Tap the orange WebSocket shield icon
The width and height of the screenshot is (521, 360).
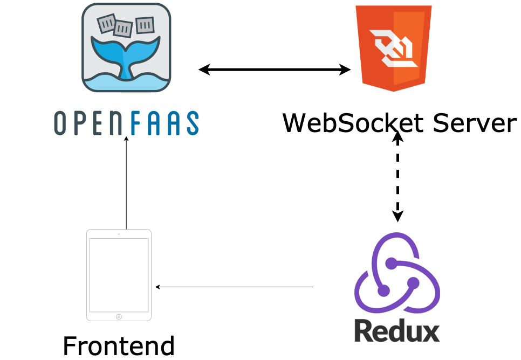click(393, 47)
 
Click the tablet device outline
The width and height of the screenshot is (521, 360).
click(119, 275)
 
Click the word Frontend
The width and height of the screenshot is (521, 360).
click(119, 345)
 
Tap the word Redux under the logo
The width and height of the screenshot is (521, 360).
click(397, 330)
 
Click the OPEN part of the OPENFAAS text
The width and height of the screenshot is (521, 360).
click(91, 123)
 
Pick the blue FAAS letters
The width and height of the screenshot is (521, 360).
click(164, 123)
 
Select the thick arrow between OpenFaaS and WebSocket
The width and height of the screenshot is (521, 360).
click(275, 70)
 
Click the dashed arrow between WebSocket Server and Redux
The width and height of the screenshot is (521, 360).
click(397, 178)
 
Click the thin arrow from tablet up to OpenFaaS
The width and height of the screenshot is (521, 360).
click(126, 183)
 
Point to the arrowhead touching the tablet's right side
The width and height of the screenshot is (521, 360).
click(157, 287)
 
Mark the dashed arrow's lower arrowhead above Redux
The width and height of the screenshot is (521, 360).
click(397, 216)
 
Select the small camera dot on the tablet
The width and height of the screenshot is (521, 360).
click(119, 234)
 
